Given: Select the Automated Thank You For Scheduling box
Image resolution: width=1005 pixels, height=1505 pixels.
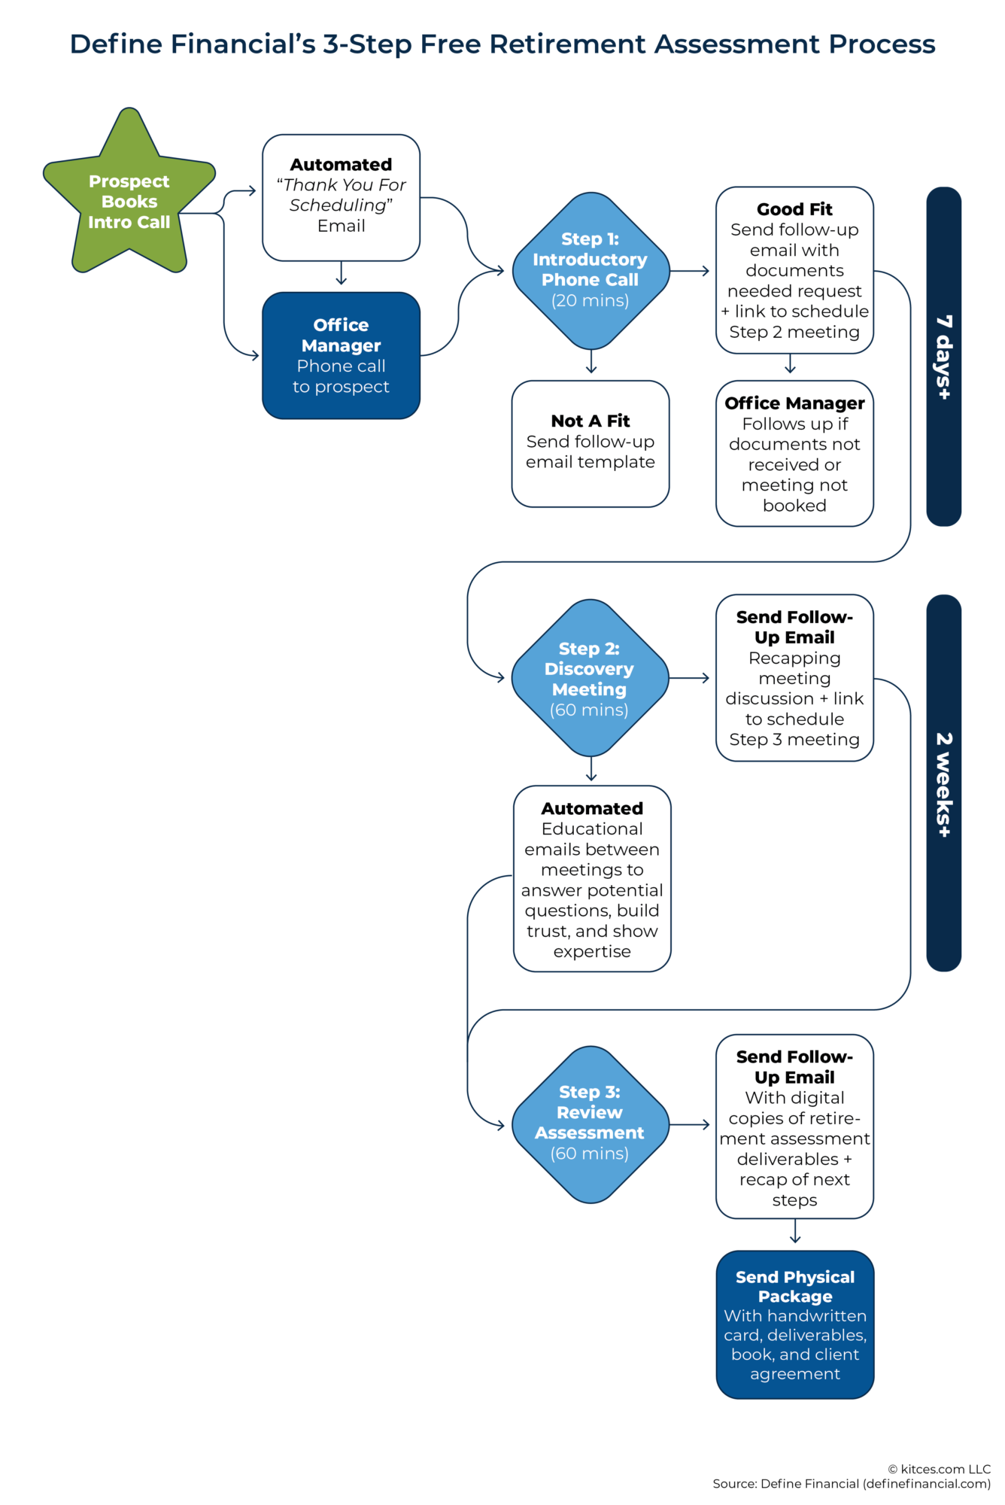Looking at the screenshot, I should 341,197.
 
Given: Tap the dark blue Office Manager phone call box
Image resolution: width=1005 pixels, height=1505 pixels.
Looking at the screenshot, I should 341,355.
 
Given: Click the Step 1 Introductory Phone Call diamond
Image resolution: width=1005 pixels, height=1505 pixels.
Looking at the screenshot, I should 591,270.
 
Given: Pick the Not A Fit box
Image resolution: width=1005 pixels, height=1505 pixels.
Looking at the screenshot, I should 591,443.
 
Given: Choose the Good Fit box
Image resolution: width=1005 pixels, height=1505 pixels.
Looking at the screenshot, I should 794,270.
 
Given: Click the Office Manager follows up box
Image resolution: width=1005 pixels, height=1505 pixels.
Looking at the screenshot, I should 794,453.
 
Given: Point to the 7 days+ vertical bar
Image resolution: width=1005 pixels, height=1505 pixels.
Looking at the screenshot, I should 943,356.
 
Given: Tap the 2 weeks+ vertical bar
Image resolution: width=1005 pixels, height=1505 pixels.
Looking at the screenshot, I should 943,783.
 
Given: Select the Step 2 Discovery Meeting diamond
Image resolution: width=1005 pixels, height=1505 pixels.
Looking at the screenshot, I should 591,678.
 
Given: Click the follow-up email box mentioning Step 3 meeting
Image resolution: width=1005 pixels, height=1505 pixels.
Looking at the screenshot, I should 794,678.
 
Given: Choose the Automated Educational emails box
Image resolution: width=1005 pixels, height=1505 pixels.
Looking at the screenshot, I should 592,879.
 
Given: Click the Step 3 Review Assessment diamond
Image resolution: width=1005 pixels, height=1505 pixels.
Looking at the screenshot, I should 591,1124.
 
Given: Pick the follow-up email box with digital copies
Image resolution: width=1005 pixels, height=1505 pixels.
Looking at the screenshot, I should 794,1126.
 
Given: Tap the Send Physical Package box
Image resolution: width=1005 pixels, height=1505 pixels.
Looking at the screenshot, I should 794,1324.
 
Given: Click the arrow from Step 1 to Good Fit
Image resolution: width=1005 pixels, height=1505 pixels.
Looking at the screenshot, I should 690,270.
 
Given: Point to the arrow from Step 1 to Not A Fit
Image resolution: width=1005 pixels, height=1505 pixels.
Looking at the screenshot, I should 591,363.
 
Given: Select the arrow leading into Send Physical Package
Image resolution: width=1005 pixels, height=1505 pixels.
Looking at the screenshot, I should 795,1232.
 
